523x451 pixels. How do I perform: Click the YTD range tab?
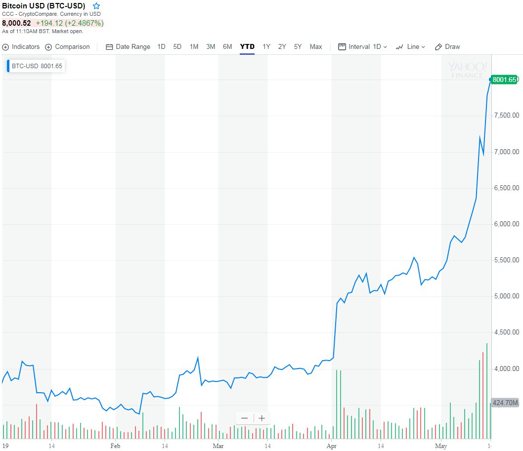(x=247, y=47)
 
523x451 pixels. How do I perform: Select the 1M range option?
(x=194, y=47)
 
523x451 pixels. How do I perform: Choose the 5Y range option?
(x=298, y=47)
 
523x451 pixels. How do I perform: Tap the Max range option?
(x=316, y=47)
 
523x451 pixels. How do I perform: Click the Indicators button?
(x=21, y=47)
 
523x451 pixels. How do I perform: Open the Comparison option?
(x=68, y=47)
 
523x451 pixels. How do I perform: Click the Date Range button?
(x=129, y=47)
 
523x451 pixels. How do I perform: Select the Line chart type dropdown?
(x=411, y=47)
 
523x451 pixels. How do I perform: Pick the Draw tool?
(x=447, y=47)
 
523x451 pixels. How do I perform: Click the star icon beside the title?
(x=96, y=6)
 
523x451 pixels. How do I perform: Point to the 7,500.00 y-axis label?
(x=506, y=116)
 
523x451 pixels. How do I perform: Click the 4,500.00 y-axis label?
(x=506, y=332)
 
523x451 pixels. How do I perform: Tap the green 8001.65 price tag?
(x=505, y=79)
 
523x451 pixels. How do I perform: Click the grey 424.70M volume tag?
(x=505, y=402)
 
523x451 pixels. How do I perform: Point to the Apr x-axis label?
(x=331, y=446)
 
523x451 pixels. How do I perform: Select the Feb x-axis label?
(x=115, y=446)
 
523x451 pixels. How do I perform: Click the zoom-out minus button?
(x=245, y=418)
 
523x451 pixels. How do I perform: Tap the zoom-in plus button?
(x=262, y=418)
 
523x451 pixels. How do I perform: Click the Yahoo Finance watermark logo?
(x=468, y=70)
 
